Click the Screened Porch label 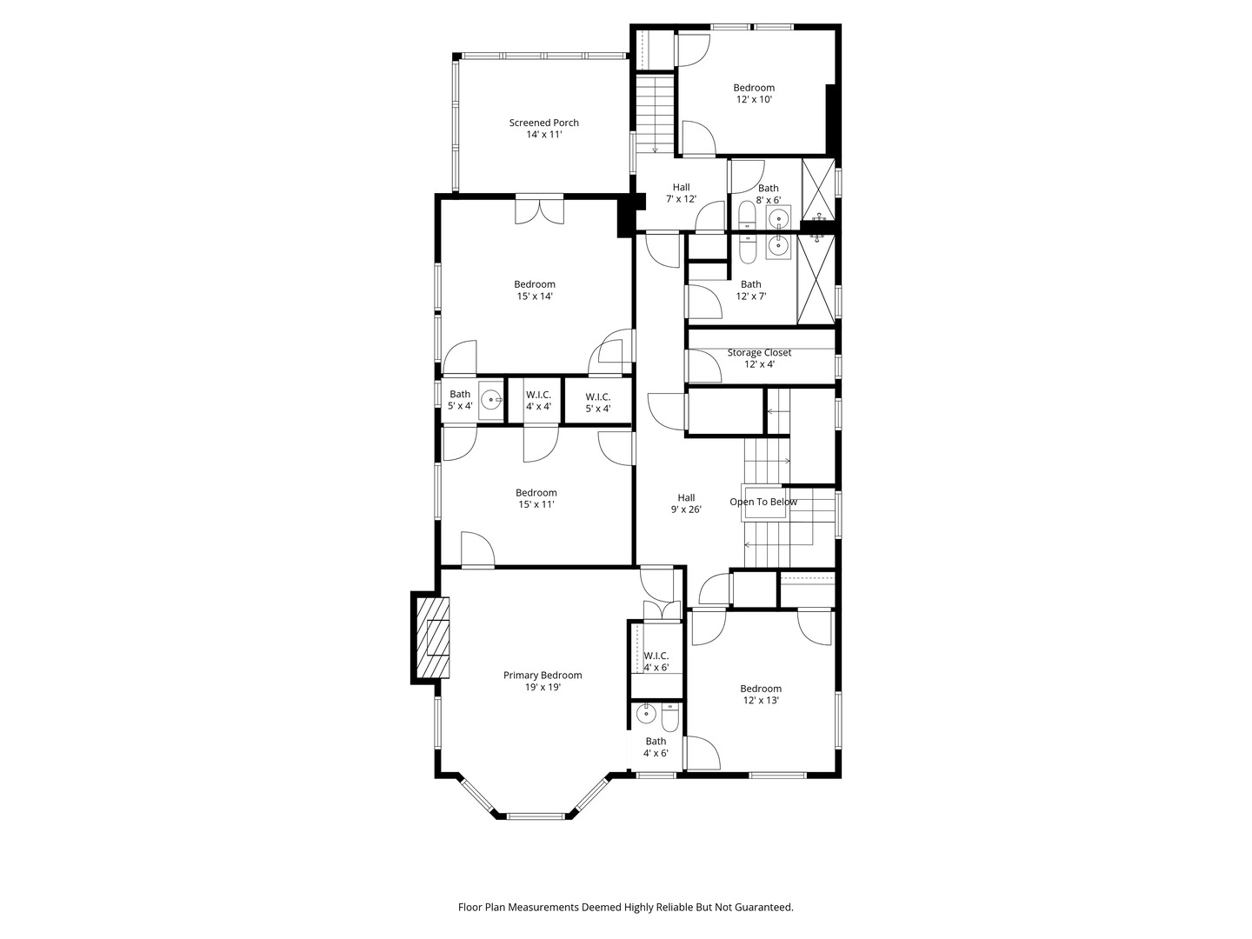click(543, 123)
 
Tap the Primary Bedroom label click(543, 676)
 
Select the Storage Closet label click(759, 353)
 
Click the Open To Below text click(763, 502)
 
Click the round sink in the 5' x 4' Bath click(492, 401)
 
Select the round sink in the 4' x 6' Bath click(645, 715)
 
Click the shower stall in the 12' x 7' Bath click(816, 279)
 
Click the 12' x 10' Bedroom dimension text click(754, 100)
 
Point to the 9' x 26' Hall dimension click(686, 509)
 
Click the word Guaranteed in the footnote click(762, 907)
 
